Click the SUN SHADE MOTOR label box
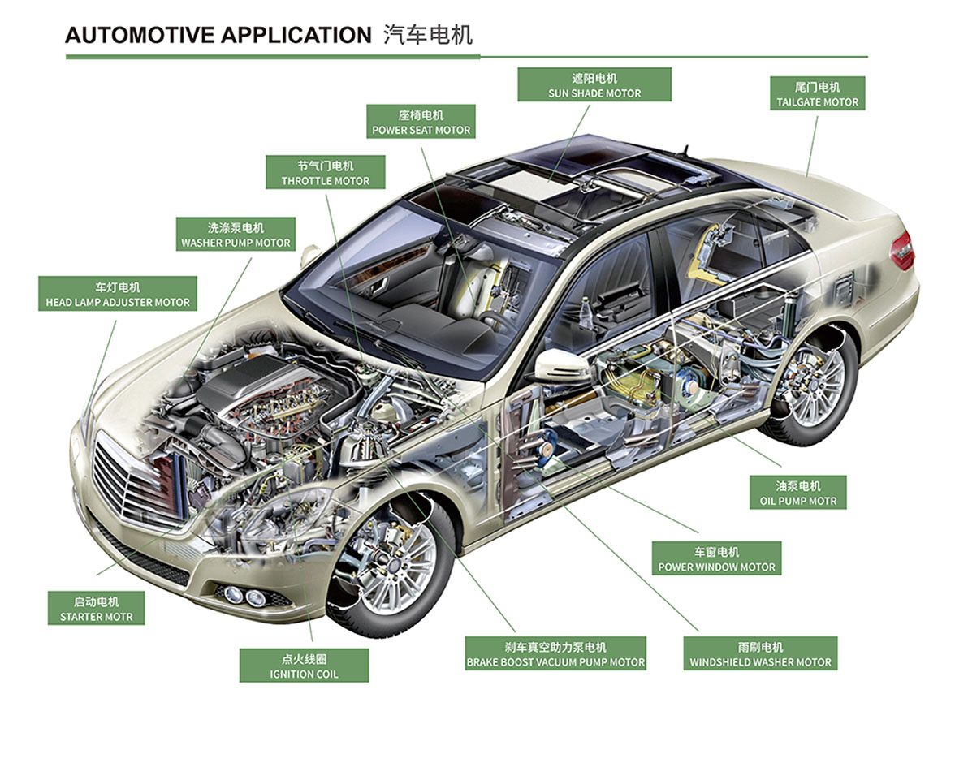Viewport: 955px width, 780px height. point(594,84)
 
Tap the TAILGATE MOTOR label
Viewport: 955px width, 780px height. point(817,94)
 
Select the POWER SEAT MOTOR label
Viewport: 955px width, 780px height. point(421,122)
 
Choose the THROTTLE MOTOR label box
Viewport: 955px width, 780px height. point(325,172)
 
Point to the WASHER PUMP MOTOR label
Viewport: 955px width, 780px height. point(236,235)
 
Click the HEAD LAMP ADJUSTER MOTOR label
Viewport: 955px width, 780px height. point(118,294)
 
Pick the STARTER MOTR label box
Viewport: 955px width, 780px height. point(96,609)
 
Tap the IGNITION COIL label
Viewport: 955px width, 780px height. point(304,666)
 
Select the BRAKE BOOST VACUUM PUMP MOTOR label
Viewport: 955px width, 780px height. point(555,654)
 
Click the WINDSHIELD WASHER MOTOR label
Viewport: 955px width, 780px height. point(760,654)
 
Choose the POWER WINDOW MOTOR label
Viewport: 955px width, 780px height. point(716,559)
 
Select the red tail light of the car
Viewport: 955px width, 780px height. point(903,249)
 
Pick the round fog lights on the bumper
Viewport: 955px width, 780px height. point(244,595)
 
